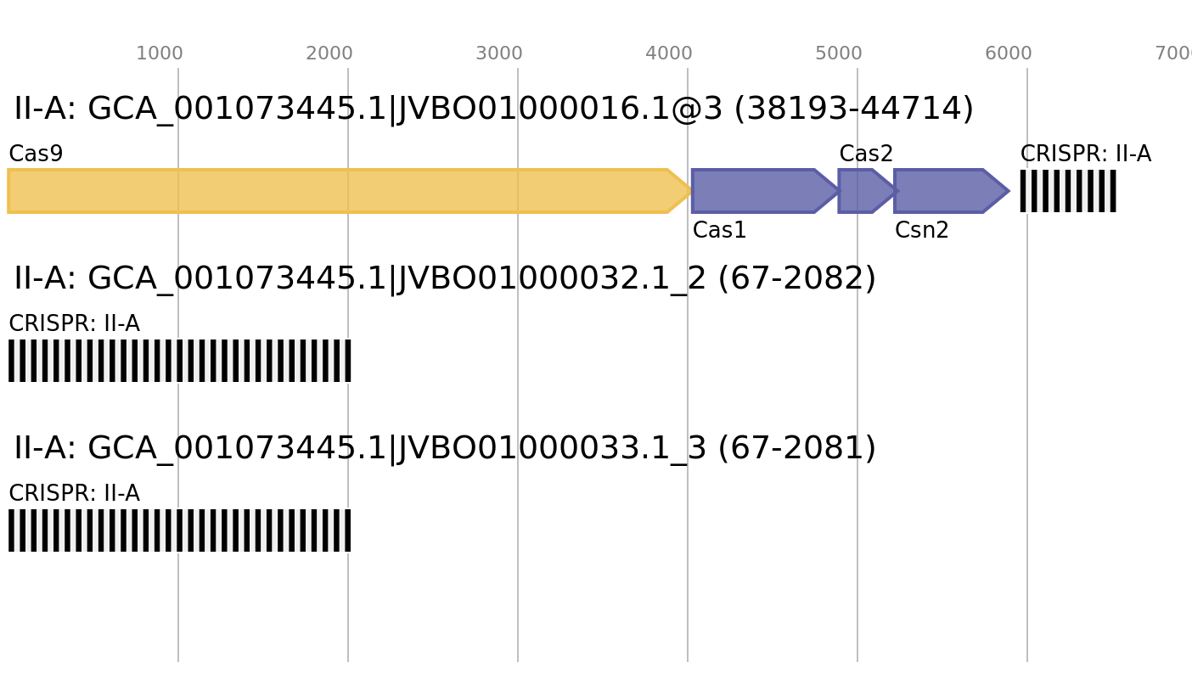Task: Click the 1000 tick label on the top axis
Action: point(160,53)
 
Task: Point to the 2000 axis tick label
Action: point(329,53)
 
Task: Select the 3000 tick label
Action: point(499,53)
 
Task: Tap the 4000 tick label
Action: point(669,53)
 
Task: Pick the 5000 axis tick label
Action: point(839,53)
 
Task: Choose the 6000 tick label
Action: point(1009,53)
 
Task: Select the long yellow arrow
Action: point(340,191)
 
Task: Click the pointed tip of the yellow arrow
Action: point(689,191)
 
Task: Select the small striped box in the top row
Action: point(1068,191)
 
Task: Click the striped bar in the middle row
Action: point(180,361)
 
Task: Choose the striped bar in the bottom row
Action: point(180,530)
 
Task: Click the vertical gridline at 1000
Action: point(178,611)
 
